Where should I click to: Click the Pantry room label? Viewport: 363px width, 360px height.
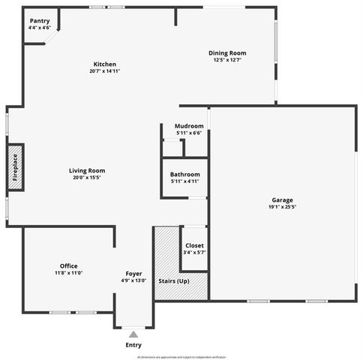click(x=39, y=21)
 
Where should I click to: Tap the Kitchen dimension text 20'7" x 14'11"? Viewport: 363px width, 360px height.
click(x=104, y=71)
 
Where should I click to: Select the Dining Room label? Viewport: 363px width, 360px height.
click(x=226, y=53)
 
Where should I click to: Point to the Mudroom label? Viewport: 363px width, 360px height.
click(x=189, y=126)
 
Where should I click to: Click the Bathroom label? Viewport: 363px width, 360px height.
click(x=185, y=175)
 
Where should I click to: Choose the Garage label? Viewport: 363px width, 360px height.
click(x=282, y=200)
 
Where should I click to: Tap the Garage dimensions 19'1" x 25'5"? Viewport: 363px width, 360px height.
click(x=282, y=207)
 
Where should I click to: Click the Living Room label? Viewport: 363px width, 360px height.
click(x=87, y=171)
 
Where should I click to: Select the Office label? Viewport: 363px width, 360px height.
click(x=68, y=266)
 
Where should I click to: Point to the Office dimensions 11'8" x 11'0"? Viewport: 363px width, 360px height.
click(x=68, y=273)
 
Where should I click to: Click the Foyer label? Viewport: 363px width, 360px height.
click(x=133, y=274)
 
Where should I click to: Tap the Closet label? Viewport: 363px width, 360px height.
click(x=194, y=246)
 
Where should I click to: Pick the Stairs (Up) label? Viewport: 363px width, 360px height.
click(x=173, y=280)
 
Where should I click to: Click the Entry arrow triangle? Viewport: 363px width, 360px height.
click(x=133, y=335)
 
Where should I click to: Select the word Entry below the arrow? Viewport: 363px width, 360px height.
click(x=133, y=346)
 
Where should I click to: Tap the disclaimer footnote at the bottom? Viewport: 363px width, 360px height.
click(x=181, y=357)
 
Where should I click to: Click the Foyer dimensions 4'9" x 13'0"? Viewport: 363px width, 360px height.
click(x=133, y=280)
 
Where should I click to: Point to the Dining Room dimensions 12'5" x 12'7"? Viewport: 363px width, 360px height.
click(x=226, y=60)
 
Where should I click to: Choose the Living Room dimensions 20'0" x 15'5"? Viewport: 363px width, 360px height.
click(x=87, y=178)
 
